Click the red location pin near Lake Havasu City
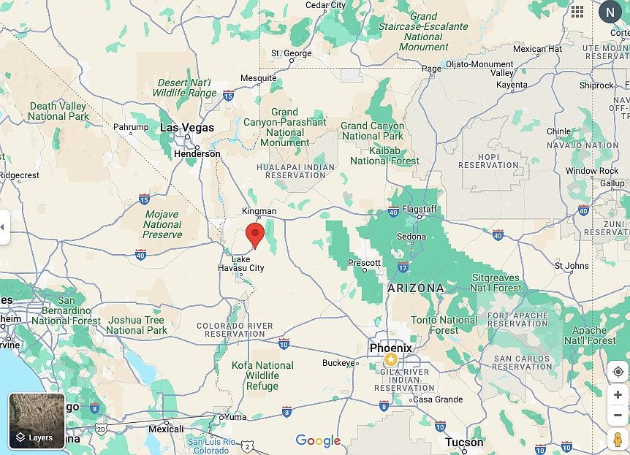(x=254, y=234)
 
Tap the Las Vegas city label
(x=187, y=127)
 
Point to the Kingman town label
(x=259, y=211)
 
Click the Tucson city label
(x=464, y=442)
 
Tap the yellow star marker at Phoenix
(x=391, y=360)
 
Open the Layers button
(x=37, y=421)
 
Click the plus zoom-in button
(x=618, y=394)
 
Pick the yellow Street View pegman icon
(x=618, y=440)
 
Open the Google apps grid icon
(x=577, y=12)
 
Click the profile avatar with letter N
(x=610, y=12)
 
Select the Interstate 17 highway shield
(x=403, y=268)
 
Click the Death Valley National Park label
(x=58, y=111)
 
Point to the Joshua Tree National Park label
(x=136, y=325)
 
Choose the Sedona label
(x=411, y=237)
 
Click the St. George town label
(x=291, y=53)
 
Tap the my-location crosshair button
(x=618, y=371)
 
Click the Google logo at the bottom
(x=318, y=440)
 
